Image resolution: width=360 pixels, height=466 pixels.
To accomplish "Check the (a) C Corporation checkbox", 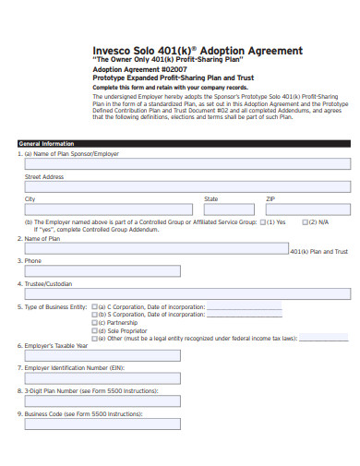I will tap(93, 305).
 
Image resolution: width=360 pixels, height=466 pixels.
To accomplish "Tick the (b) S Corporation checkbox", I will tap(93, 313).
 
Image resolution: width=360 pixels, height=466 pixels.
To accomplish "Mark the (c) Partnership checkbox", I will tap(93, 321).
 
